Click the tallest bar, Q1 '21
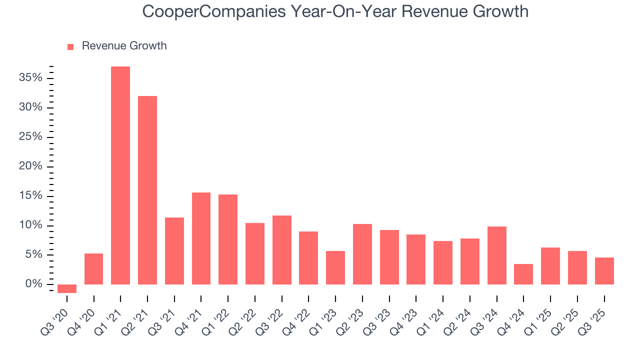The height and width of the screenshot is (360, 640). point(120,175)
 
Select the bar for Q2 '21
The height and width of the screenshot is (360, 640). point(147,190)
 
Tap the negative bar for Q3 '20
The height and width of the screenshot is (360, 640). point(67,288)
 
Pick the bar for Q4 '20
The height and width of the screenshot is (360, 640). point(94,269)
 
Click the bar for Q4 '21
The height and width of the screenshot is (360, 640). point(201,238)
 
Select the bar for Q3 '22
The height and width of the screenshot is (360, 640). point(282,250)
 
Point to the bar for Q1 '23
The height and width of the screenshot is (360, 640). point(335,267)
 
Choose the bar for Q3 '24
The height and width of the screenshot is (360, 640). point(497,255)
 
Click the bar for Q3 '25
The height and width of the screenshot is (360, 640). point(604,271)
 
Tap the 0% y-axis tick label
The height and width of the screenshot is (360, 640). point(34,284)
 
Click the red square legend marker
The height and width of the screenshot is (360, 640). point(70,46)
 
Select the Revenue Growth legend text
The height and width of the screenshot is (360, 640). point(124,46)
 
